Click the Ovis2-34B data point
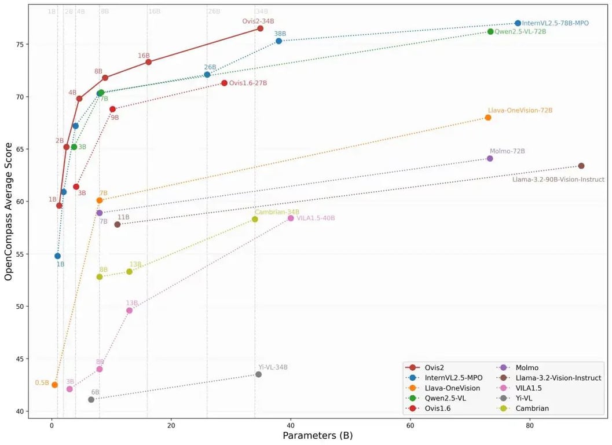coord(261,28)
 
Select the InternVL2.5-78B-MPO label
coord(555,23)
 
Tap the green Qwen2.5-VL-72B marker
coord(490,31)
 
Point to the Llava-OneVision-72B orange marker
coord(488,118)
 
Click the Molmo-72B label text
coord(507,151)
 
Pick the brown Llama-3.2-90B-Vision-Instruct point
coord(581,166)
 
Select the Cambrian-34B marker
coord(255,219)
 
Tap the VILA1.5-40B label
coord(316,218)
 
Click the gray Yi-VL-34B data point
coord(258,374)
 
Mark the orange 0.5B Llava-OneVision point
coord(54,385)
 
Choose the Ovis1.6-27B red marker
coord(224,83)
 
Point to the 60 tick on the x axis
coord(410,426)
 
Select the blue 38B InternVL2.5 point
coord(278,41)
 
